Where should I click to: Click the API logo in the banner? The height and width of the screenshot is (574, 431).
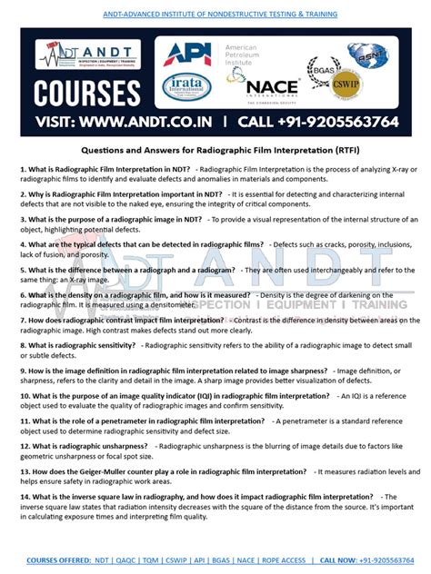(x=186, y=54)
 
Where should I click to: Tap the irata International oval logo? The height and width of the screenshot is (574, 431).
(x=186, y=87)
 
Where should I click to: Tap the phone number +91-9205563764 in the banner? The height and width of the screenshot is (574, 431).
(x=328, y=122)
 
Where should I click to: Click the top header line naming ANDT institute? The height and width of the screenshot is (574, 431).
(x=215, y=15)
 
